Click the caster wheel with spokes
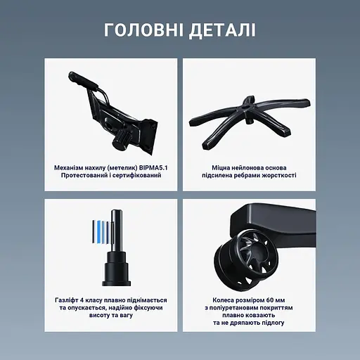pos(250,257)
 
